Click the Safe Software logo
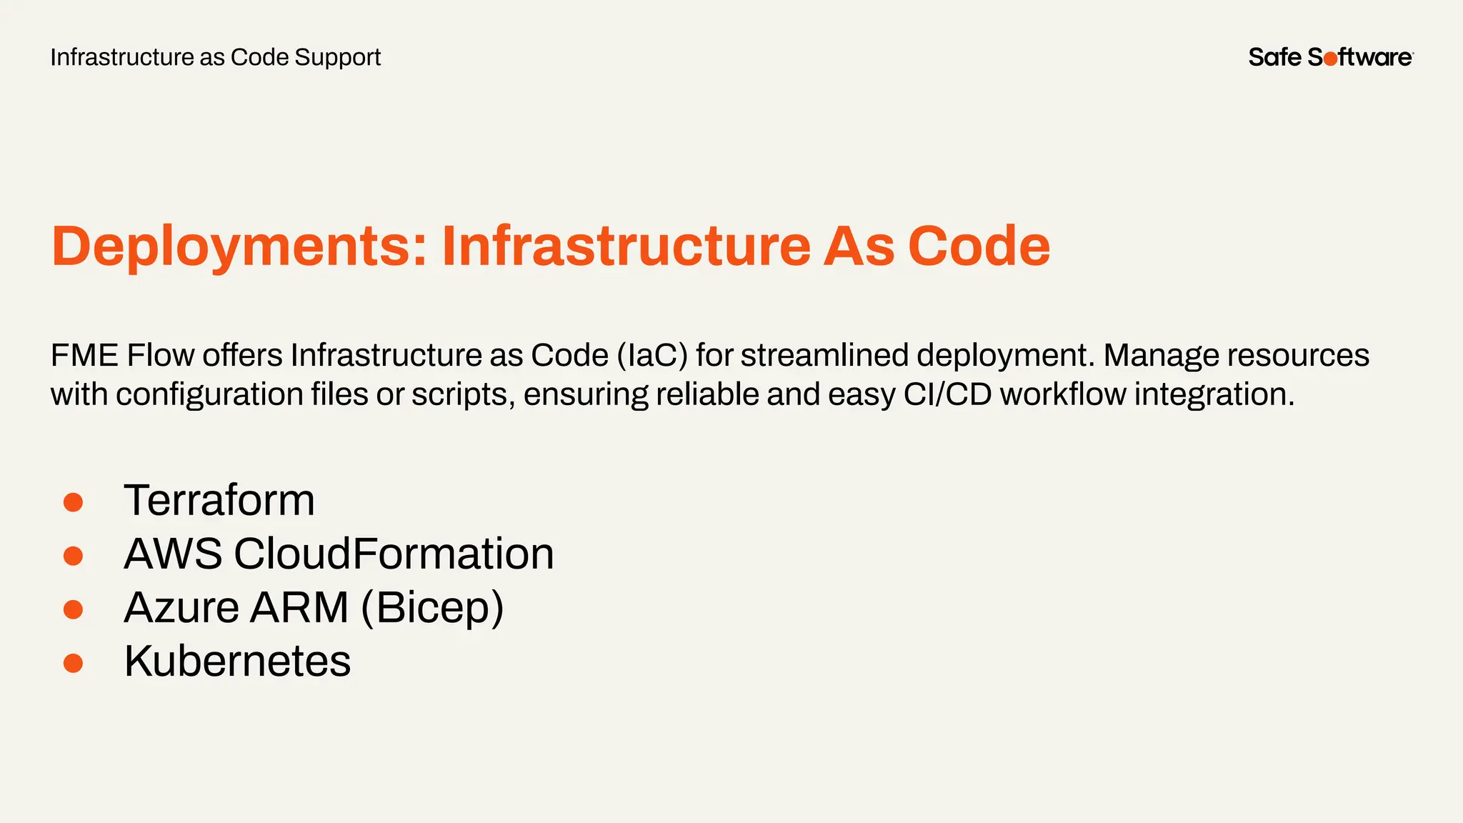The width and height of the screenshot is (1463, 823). point(1330,57)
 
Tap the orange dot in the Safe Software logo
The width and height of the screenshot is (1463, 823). point(1330,59)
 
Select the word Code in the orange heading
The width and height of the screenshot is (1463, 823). point(979,246)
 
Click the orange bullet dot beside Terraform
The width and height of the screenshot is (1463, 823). point(73,502)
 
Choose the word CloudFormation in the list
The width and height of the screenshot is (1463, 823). point(394,554)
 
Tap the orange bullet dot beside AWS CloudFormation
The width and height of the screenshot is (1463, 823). point(73,556)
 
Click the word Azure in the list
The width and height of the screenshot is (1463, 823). point(181,607)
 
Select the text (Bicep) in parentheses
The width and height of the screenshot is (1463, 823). point(432,608)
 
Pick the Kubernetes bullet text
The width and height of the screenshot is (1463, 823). point(237,661)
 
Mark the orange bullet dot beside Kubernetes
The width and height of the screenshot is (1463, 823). point(73,663)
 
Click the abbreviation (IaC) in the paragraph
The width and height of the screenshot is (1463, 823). point(651,356)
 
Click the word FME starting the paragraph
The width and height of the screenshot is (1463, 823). point(84,356)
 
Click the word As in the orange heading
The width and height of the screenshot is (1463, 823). point(859,246)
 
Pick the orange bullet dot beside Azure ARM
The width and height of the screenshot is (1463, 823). point(73,609)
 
